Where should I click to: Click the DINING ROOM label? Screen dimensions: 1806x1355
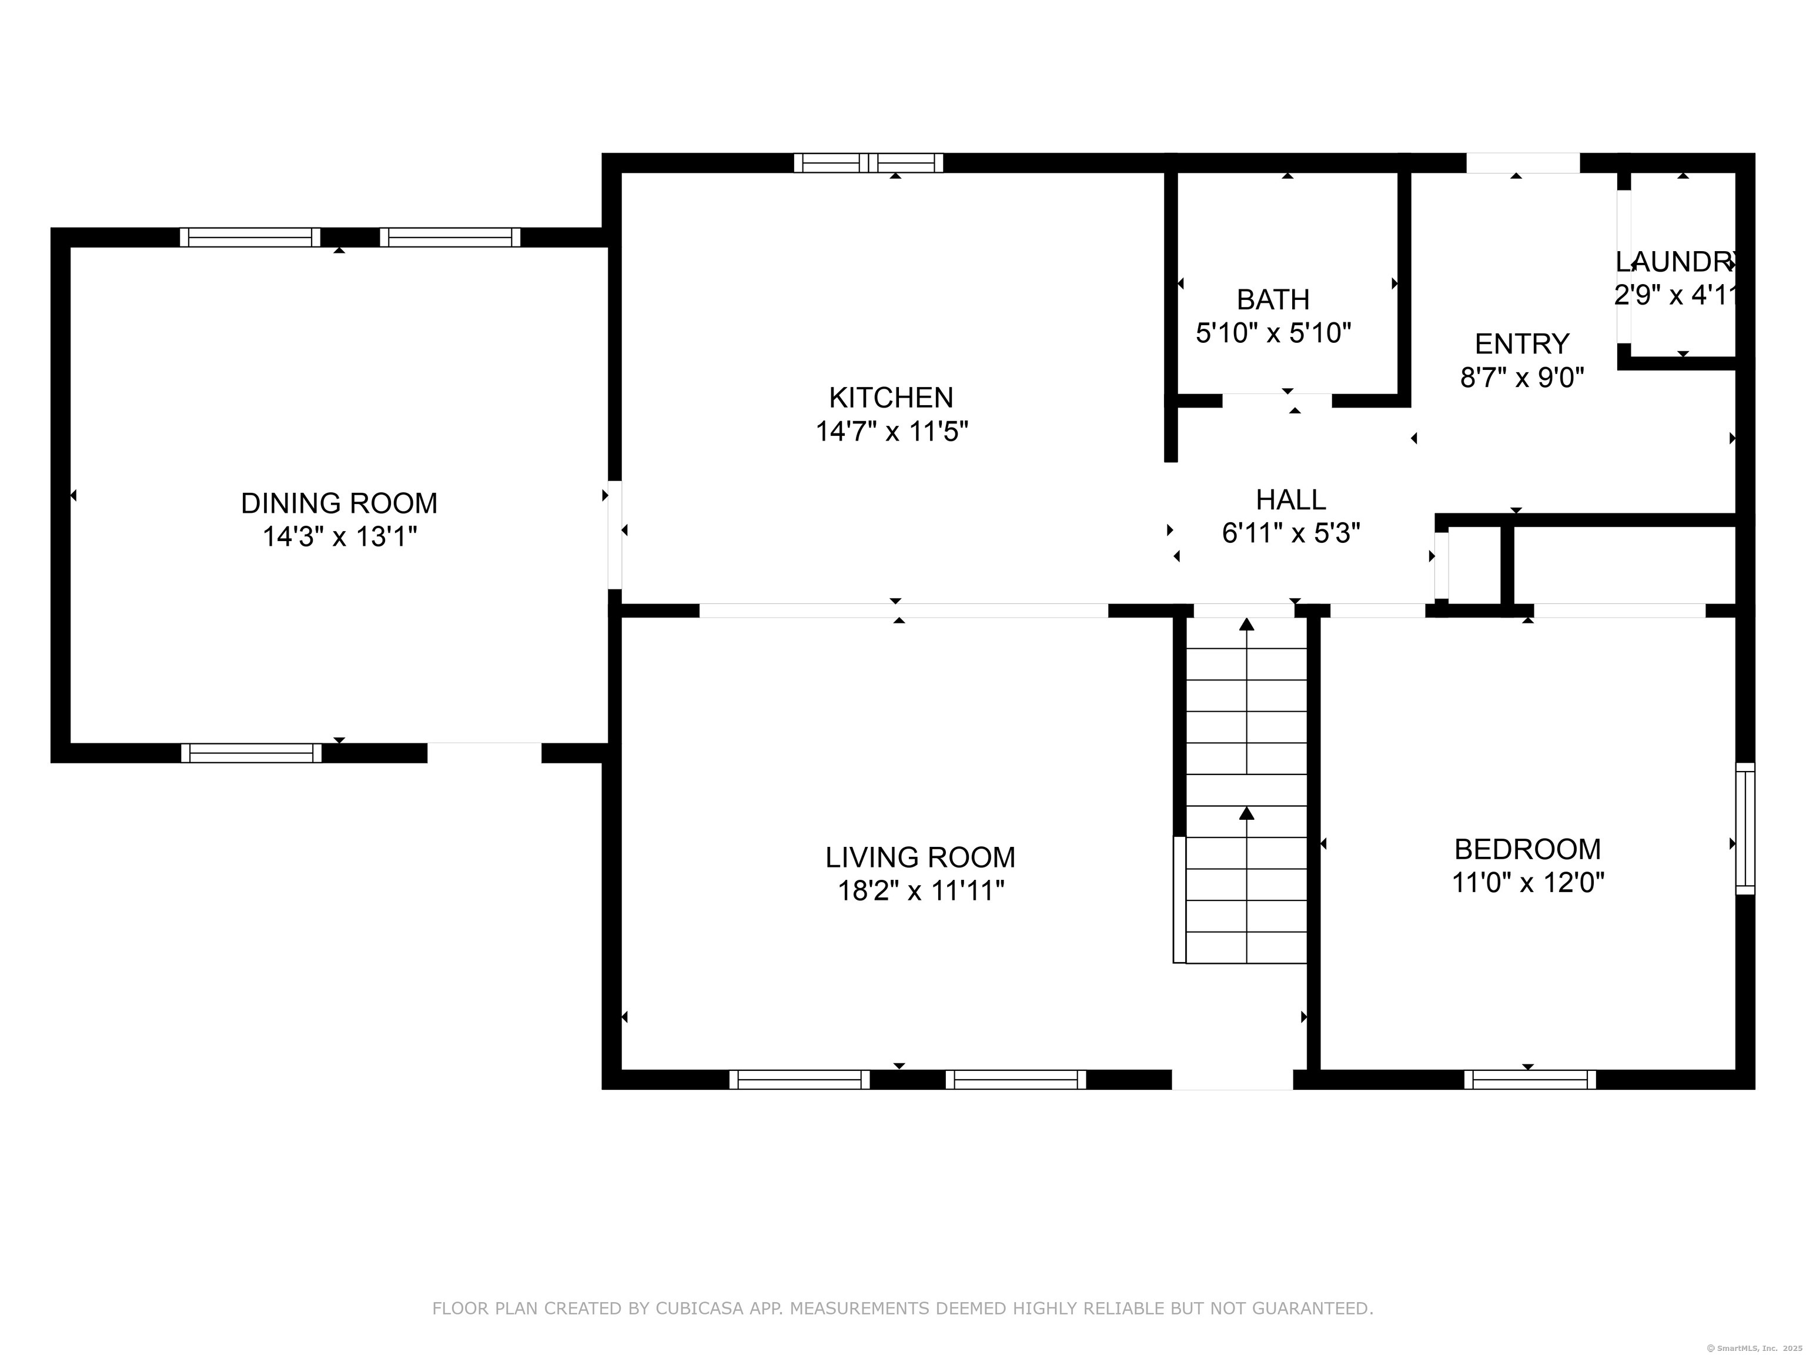pyautogui.click(x=339, y=503)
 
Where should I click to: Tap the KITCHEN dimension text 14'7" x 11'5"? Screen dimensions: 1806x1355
pyautogui.click(x=892, y=431)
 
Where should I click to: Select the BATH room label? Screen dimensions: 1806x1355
pyautogui.click(x=1273, y=300)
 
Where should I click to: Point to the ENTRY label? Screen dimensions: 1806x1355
pyautogui.click(x=1522, y=344)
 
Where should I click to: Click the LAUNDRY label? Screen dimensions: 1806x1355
pyautogui.click(x=1674, y=262)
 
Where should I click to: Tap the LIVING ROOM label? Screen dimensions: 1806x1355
pyautogui.click(x=920, y=857)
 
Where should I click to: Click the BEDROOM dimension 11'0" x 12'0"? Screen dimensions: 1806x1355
pyautogui.click(x=1527, y=883)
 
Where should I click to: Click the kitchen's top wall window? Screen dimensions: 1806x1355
pyautogui.click(x=869, y=162)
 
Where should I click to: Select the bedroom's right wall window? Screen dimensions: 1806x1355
pyautogui.click(x=1745, y=828)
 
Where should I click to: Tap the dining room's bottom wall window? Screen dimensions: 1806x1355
pyautogui.click(x=252, y=753)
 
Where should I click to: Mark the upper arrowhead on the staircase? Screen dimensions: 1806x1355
pyautogui.click(x=1247, y=625)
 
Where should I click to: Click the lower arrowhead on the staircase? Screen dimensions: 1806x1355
pyautogui.click(x=1247, y=813)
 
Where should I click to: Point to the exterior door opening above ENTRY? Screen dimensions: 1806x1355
pyautogui.click(x=1523, y=162)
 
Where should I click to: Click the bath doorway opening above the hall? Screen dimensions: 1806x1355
pyautogui.click(x=1277, y=401)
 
